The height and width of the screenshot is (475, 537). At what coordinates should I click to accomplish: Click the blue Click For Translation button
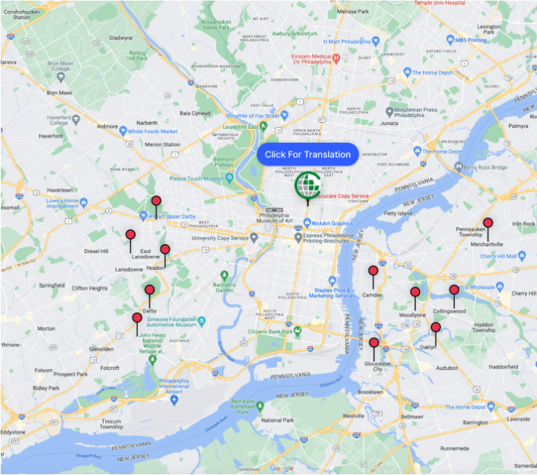click(307, 154)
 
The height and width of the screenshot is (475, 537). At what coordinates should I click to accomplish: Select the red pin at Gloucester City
click(374, 343)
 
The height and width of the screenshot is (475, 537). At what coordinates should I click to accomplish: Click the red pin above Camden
click(373, 272)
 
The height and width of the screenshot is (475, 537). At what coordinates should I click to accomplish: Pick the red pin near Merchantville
click(487, 223)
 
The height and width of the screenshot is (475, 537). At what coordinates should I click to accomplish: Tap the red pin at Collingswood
click(454, 290)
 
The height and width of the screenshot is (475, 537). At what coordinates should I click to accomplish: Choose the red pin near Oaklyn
click(436, 327)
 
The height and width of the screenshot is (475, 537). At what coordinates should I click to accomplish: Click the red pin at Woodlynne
click(415, 293)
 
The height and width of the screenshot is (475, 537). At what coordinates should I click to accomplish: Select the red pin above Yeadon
click(165, 250)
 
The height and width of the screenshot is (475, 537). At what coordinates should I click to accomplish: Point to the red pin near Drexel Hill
click(130, 235)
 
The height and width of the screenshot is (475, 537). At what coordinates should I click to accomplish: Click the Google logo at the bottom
click(281, 468)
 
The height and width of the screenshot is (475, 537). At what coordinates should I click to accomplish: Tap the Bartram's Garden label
click(219, 287)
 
